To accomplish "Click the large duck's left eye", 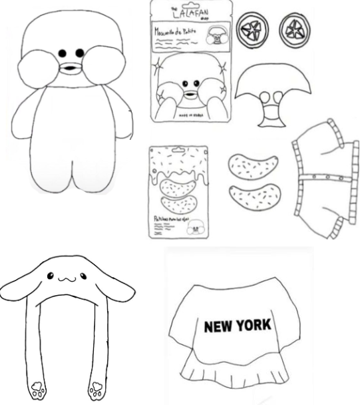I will pyautogui.click(x=63, y=53).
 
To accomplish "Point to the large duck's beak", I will pyautogui.click(x=69, y=67).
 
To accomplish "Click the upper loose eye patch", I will pyautogui.click(x=253, y=167).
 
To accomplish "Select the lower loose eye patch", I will pyautogui.click(x=254, y=197).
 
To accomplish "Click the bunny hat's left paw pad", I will pyautogui.click(x=33, y=388).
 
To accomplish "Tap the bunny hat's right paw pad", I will pyautogui.click(x=97, y=388).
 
